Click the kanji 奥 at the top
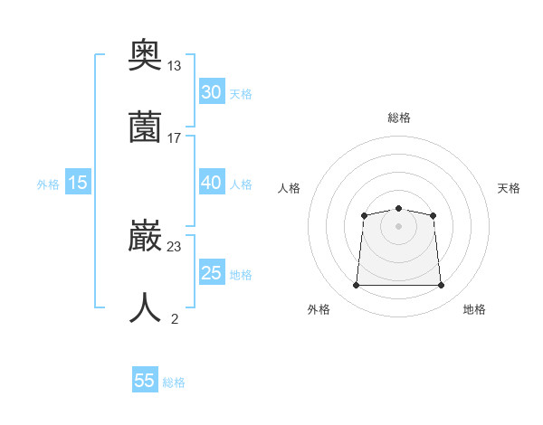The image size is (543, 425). point(146,57)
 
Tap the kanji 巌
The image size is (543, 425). point(146,237)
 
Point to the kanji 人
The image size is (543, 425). point(146,307)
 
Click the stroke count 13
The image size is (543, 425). point(174,66)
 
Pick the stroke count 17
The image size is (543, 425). point(174,137)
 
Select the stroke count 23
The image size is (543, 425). point(174,246)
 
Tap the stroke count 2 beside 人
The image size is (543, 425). point(174,317)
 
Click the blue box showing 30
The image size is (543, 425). point(212,92)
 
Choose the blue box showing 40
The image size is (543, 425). point(212,183)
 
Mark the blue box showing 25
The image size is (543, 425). point(212,273)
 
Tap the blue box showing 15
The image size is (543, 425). point(78,183)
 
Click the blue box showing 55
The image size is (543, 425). point(145,381)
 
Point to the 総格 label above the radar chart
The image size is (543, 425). point(398,118)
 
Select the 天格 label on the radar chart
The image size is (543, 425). point(510,188)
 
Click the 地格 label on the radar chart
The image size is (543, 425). point(474,309)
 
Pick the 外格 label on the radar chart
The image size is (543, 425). point(319,309)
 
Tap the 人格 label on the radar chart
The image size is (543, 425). point(289,188)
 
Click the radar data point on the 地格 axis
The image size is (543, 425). point(442,286)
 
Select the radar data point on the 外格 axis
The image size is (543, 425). point(356,286)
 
